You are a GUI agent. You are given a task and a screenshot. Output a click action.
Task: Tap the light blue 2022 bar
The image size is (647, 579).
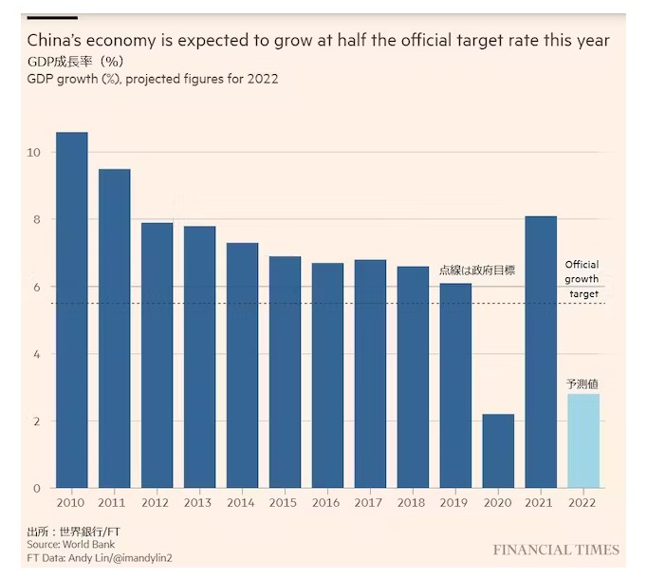tap(583, 441)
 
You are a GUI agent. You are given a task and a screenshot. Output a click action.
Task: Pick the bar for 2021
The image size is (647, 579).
tap(541, 352)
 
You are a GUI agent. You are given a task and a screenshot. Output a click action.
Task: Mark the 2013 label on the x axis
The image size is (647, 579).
tap(199, 502)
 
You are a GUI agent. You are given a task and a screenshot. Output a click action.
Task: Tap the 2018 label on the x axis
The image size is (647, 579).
tap(413, 502)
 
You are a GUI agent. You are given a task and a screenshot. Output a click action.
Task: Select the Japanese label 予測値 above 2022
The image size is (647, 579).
tap(582, 383)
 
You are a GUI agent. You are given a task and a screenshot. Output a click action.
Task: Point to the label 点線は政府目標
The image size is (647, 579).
tap(476, 271)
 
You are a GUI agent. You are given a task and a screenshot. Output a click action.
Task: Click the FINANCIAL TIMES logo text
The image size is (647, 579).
tap(556, 550)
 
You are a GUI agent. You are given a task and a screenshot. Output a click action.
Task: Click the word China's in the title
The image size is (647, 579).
tap(57, 41)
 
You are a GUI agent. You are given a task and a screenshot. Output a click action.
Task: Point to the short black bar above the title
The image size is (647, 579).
tap(52, 17)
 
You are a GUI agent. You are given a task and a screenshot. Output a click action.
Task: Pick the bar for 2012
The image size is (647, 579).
tap(157, 356)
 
